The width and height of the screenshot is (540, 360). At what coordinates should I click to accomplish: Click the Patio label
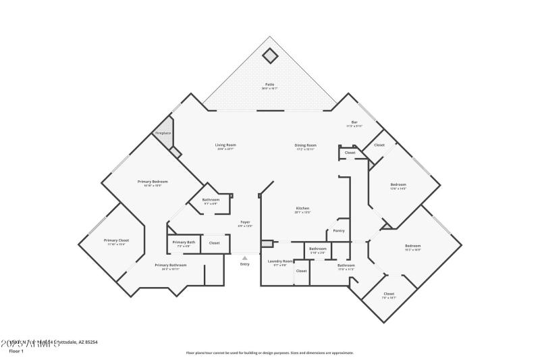pos(269,84)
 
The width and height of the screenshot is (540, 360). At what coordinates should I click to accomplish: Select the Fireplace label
pos(163,134)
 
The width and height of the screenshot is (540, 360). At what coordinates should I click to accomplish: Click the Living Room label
pos(225,145)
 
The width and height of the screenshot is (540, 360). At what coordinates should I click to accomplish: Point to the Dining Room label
pos(305,145)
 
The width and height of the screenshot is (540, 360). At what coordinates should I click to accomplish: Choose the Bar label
pos(354,122)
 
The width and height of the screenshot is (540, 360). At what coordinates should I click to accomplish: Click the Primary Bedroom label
pos(153,182)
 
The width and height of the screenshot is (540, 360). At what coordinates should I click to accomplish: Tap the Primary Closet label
pos(116,240)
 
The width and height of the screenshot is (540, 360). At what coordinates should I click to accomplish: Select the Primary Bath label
pos(184,242)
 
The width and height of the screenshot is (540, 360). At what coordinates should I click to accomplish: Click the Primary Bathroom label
pos(170,265)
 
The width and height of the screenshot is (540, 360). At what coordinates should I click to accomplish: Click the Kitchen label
pos(302,208)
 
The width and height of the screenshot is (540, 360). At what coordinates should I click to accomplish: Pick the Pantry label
pos(339,231)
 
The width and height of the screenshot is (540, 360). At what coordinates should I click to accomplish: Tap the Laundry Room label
pos(280,261)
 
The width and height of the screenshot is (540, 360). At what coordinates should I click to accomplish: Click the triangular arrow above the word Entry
pos(244,257)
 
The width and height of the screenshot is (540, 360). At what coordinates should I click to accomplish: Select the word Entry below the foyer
pos(244,264)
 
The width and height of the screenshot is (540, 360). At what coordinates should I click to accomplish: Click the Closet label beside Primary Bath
pos(214,242)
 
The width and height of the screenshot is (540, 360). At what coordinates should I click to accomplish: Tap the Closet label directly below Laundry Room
pos(301,271)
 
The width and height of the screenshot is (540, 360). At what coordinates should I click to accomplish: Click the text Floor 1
pos(16,351)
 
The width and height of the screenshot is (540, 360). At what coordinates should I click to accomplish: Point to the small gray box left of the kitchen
pos(267,243)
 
